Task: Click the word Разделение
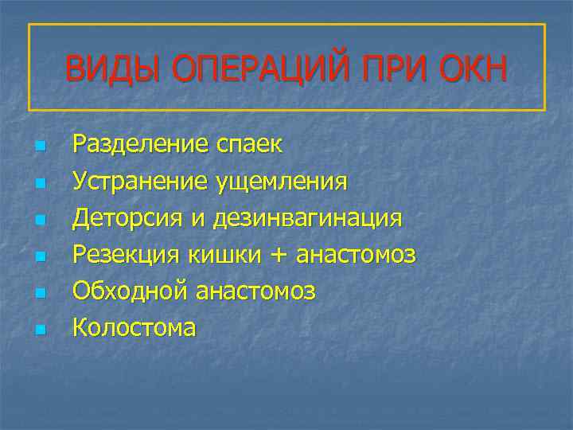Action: (x=140, y=145)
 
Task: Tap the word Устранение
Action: (x=140, y=182)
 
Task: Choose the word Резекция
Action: (x=126, y=255)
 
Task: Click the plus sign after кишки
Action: (x=279, y=256)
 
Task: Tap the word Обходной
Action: (x=127, y=291)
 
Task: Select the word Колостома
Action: (x=134, y=327)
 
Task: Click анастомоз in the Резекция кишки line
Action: (x=356, y=255)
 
